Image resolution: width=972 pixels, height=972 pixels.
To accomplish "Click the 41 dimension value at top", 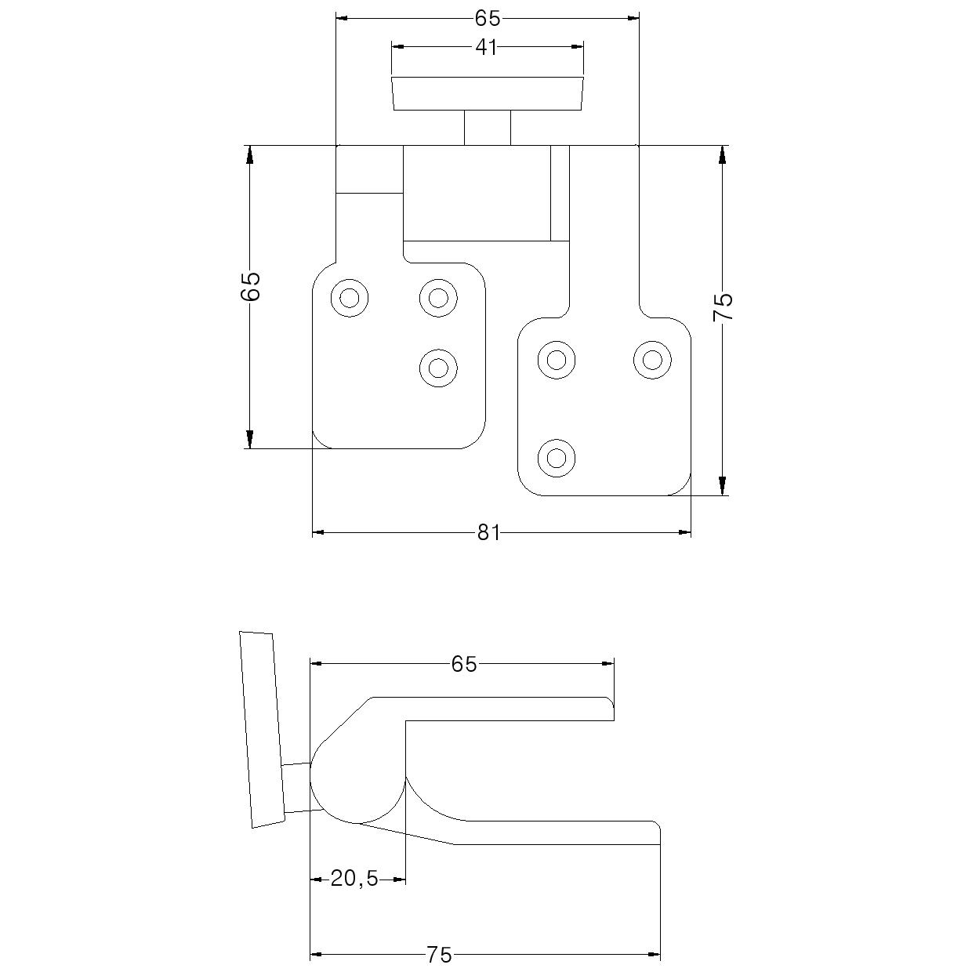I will [486, 47].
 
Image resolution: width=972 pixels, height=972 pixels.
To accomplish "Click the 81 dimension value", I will [488, 533].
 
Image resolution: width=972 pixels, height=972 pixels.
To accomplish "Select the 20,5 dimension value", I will [354, 880].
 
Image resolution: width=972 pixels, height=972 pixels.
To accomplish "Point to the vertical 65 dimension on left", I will [250, 286].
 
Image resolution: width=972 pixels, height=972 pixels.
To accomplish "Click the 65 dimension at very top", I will [487, 18].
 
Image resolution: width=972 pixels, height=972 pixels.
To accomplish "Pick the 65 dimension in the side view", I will [463, 664].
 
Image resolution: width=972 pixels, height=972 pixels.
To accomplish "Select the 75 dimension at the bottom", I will [439, 955].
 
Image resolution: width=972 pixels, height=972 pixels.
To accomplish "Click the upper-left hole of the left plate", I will [350, 298].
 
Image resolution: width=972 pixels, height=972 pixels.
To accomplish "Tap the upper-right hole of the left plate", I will [438, 298].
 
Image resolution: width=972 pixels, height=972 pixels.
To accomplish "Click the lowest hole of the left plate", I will [438, 368].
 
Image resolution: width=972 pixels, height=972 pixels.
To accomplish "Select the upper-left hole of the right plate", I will [557, 360].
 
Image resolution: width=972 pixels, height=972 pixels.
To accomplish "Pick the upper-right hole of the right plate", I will [652, 360].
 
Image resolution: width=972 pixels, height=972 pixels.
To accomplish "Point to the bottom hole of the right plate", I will [557, 457].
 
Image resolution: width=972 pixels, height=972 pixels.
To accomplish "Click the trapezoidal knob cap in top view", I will [487, 93].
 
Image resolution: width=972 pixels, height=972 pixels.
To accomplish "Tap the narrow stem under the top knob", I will [487, 128].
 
